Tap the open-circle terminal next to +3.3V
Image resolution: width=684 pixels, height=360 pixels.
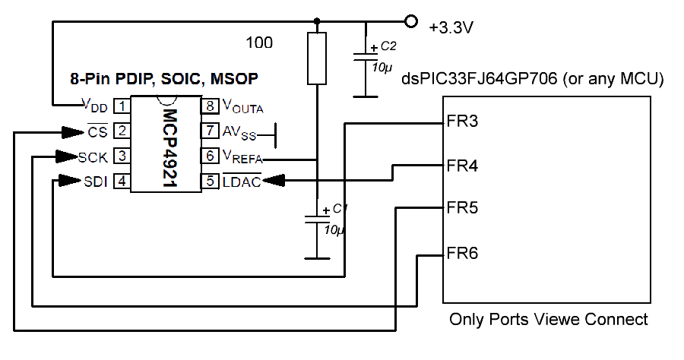click(x=412, y=21)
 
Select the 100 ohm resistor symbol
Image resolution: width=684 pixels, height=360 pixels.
click(x=318, y=58)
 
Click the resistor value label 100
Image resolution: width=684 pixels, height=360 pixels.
click(x=259, y=43)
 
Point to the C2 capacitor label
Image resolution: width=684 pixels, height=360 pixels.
click(x=388, y=47)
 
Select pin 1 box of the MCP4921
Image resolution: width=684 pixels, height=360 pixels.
click(x=121, y=106)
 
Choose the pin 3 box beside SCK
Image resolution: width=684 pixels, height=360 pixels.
click(x=121, y=156)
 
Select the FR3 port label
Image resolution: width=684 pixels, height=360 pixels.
click(x=462, y=122)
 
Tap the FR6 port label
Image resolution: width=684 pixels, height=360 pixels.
click(x=462, y=253)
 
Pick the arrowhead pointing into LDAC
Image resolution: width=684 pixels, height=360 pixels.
click(x=274, y=181)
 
